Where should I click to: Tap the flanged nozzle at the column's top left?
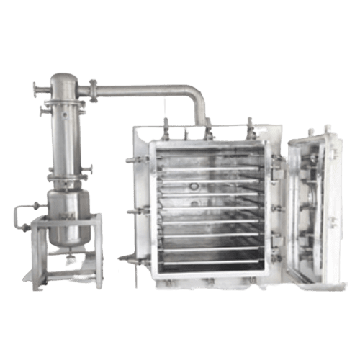coord(37,90)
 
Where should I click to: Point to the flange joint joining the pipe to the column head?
coord(92,88)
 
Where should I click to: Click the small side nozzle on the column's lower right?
coord(91,171)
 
